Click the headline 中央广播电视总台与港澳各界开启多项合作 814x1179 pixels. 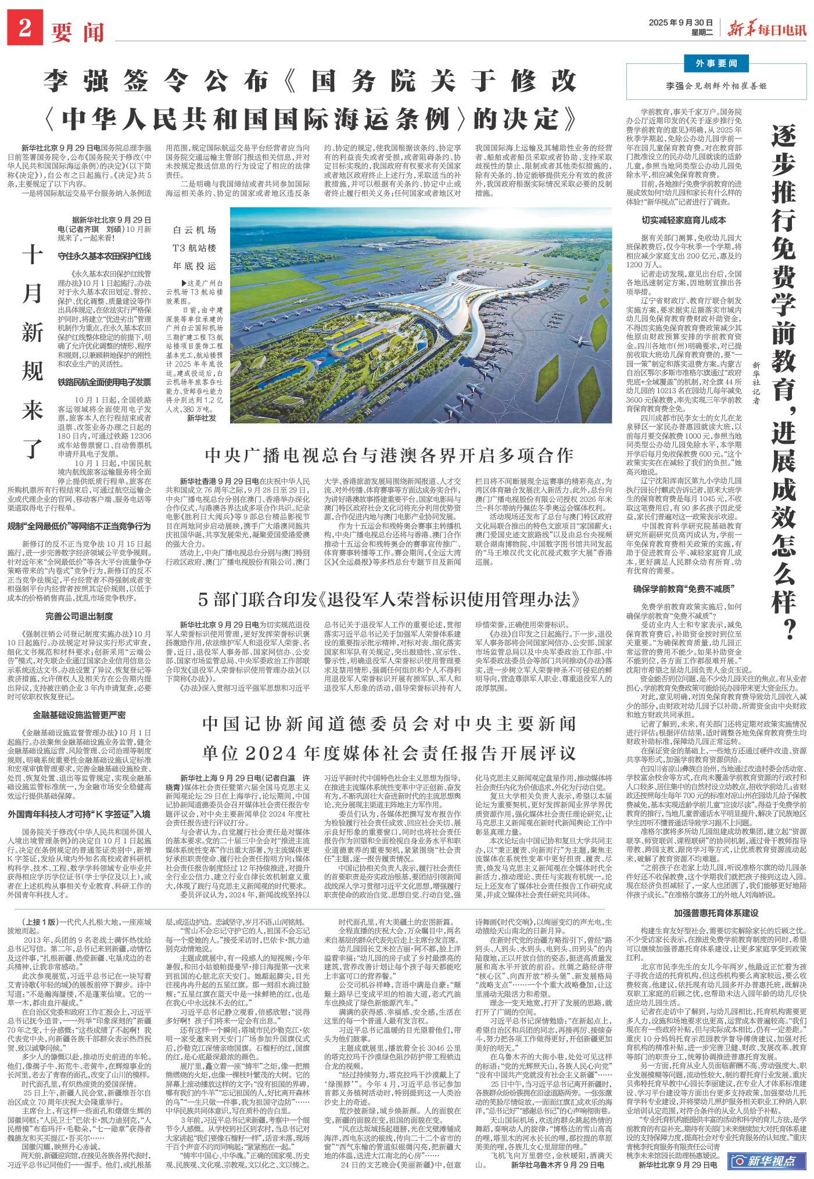coord(389,455)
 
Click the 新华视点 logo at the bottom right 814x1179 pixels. coord(766,1161)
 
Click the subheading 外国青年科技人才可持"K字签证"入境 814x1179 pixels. coord(80,797)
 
